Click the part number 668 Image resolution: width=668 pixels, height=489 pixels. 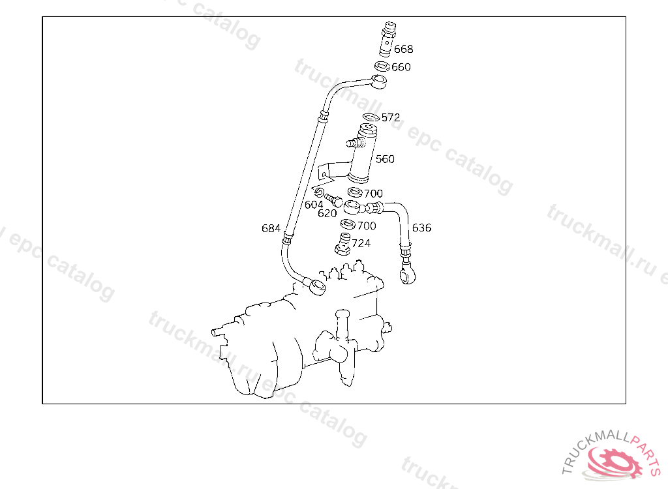point(403,49)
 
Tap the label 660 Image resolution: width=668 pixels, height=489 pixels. point(401,67)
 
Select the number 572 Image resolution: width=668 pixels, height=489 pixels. point(391,118)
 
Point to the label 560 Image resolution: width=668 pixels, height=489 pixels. point(385,159)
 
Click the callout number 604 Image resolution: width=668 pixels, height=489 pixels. point(314,205)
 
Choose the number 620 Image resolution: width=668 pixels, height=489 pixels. point(327,213)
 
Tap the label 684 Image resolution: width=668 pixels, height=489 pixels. point(271,228)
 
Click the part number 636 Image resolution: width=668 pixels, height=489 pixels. point(421,228)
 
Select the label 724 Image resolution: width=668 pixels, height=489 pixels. point(361,243)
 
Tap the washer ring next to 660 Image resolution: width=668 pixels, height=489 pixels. point(382,67)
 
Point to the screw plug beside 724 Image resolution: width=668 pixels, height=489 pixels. point(342,243)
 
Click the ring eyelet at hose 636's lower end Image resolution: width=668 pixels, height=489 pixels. point(408,276)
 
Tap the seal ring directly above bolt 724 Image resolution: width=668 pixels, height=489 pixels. point(348,225)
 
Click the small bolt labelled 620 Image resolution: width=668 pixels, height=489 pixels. point(334,200)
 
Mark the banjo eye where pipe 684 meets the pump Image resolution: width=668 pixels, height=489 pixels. point(318,286)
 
